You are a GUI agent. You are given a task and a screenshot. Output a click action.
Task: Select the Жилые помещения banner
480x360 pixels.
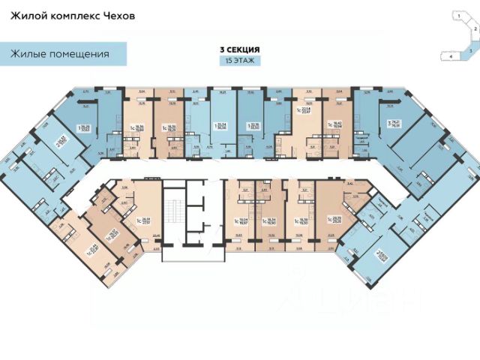[61, 54]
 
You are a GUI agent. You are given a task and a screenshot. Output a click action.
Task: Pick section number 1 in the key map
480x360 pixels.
[454, 14]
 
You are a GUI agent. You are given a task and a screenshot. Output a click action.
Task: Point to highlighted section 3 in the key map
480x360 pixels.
[469, 47]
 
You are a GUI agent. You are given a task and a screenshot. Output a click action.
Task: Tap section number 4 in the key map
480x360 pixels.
[449, 55]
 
